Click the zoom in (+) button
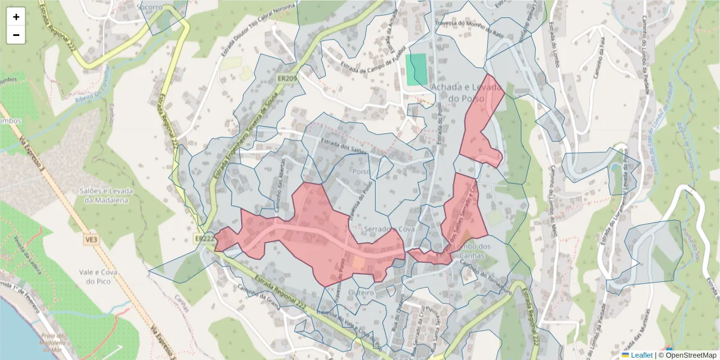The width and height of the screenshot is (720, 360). coord(16,17)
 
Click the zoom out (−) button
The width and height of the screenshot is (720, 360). coord(16,35)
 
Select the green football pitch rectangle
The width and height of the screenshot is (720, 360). coord(417,69)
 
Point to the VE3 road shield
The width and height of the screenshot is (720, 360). coord(91,239)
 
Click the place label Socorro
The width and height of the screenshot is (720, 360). coord(149,7)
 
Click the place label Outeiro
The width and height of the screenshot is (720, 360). coord(361,292)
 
